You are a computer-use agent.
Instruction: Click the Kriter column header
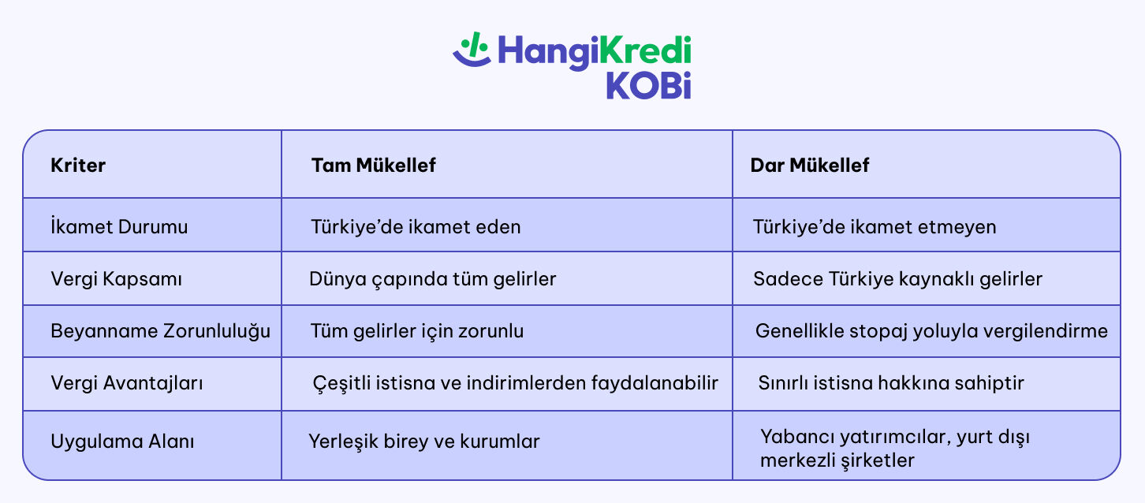point(78,165)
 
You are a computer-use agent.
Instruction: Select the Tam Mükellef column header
point(373,165)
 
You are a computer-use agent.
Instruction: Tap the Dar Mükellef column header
point(809,165)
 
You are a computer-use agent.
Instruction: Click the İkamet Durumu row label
point(119,226)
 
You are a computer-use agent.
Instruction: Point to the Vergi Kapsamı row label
point(116,279)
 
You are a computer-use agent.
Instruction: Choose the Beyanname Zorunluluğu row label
point(160,331)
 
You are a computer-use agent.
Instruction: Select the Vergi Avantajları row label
point(126,383)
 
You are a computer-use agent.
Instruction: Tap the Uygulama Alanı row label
point(122,442)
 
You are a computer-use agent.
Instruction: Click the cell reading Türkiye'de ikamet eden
point(416,226)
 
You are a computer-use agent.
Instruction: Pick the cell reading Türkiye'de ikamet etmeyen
point(875,226)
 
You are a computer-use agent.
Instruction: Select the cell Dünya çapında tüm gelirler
point(432,279)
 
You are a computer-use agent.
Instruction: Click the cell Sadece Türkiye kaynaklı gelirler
point(897,279)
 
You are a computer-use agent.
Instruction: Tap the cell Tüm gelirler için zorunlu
point(417,331)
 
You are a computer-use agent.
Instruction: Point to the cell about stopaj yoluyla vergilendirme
point(931,331)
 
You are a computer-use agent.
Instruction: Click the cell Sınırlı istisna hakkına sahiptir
point(891,383)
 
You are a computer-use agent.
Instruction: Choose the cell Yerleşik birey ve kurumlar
point(423,442)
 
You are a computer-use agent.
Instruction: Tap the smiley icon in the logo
point(472,50)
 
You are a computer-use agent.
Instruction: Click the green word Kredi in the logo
point(645,50)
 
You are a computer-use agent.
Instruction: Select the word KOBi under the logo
point(649,85)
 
